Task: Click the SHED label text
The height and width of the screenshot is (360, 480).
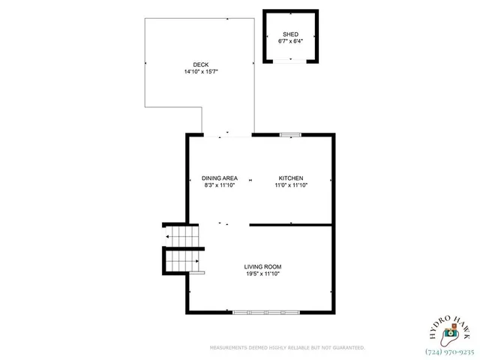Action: click(290, 34)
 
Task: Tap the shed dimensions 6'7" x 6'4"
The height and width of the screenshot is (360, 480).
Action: click(290, 41)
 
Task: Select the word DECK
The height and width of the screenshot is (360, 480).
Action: click(201, 65)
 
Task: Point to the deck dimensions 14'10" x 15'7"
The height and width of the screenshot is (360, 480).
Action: click(201, 72)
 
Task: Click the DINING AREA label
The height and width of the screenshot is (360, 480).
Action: click(220, 178)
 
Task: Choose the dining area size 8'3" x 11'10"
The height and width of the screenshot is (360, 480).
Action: click(220, 184)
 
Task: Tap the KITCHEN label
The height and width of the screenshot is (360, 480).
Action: click(290, 178)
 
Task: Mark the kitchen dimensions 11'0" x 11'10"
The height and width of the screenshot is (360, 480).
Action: click(290, 184)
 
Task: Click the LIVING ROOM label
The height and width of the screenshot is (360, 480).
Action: click(262, 267)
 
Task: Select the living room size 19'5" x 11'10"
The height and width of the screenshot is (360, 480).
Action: click(262, 274)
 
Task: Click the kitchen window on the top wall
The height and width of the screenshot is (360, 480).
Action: click(290, 135)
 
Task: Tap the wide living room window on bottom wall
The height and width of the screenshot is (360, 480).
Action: click(266, 311)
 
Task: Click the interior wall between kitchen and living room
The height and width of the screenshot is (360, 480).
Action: click(291, 224)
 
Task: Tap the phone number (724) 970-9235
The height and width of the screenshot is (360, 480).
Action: click(449, 351)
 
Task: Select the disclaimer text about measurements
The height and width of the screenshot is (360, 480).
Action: click(287, 347)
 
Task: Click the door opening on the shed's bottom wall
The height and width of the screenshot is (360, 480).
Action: click(290, 60)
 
